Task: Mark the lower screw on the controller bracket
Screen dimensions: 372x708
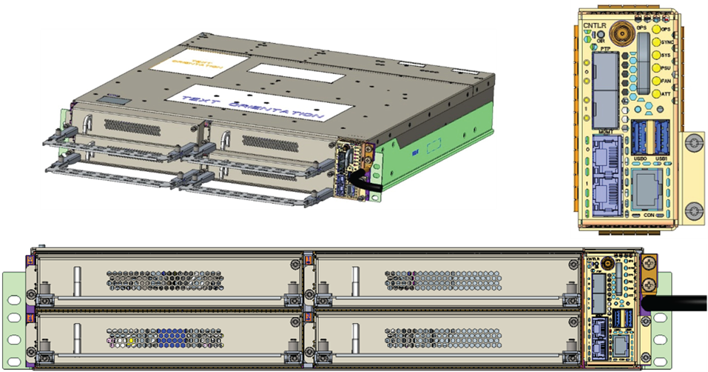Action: [x=693, y=210]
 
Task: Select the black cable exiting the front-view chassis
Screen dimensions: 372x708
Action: [x=677, y=303]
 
